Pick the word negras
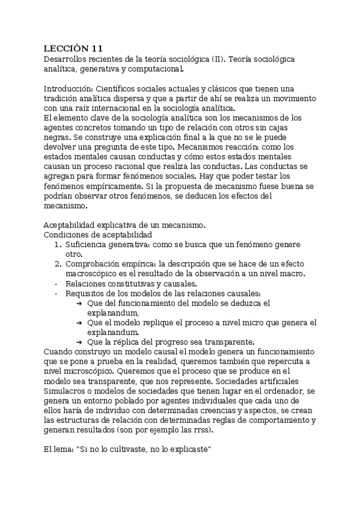click(58, 137)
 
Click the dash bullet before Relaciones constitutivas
click(56, 283)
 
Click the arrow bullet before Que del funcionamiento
click(79, 303)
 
